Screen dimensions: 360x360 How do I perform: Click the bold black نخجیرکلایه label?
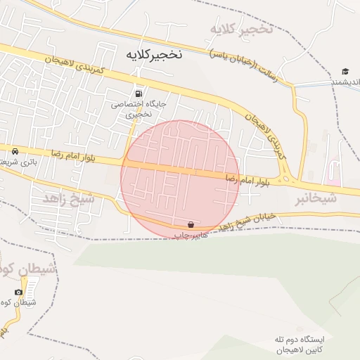click(x=154, y=54)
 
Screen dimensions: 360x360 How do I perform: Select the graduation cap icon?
click(x=345, y=71)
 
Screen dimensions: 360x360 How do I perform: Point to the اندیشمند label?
click(x=345, y=82)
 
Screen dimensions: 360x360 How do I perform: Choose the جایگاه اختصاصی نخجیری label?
click(x=139, y=108)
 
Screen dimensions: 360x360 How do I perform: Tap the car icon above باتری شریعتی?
click(x=15, y=150)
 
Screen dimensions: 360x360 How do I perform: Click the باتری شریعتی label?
click(x=15, y=162)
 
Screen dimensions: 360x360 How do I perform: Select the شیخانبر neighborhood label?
click(x=316, y=198)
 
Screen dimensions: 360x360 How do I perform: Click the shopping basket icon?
click(x=191, y=224)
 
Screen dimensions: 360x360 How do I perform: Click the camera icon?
click(x=18, y=292)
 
